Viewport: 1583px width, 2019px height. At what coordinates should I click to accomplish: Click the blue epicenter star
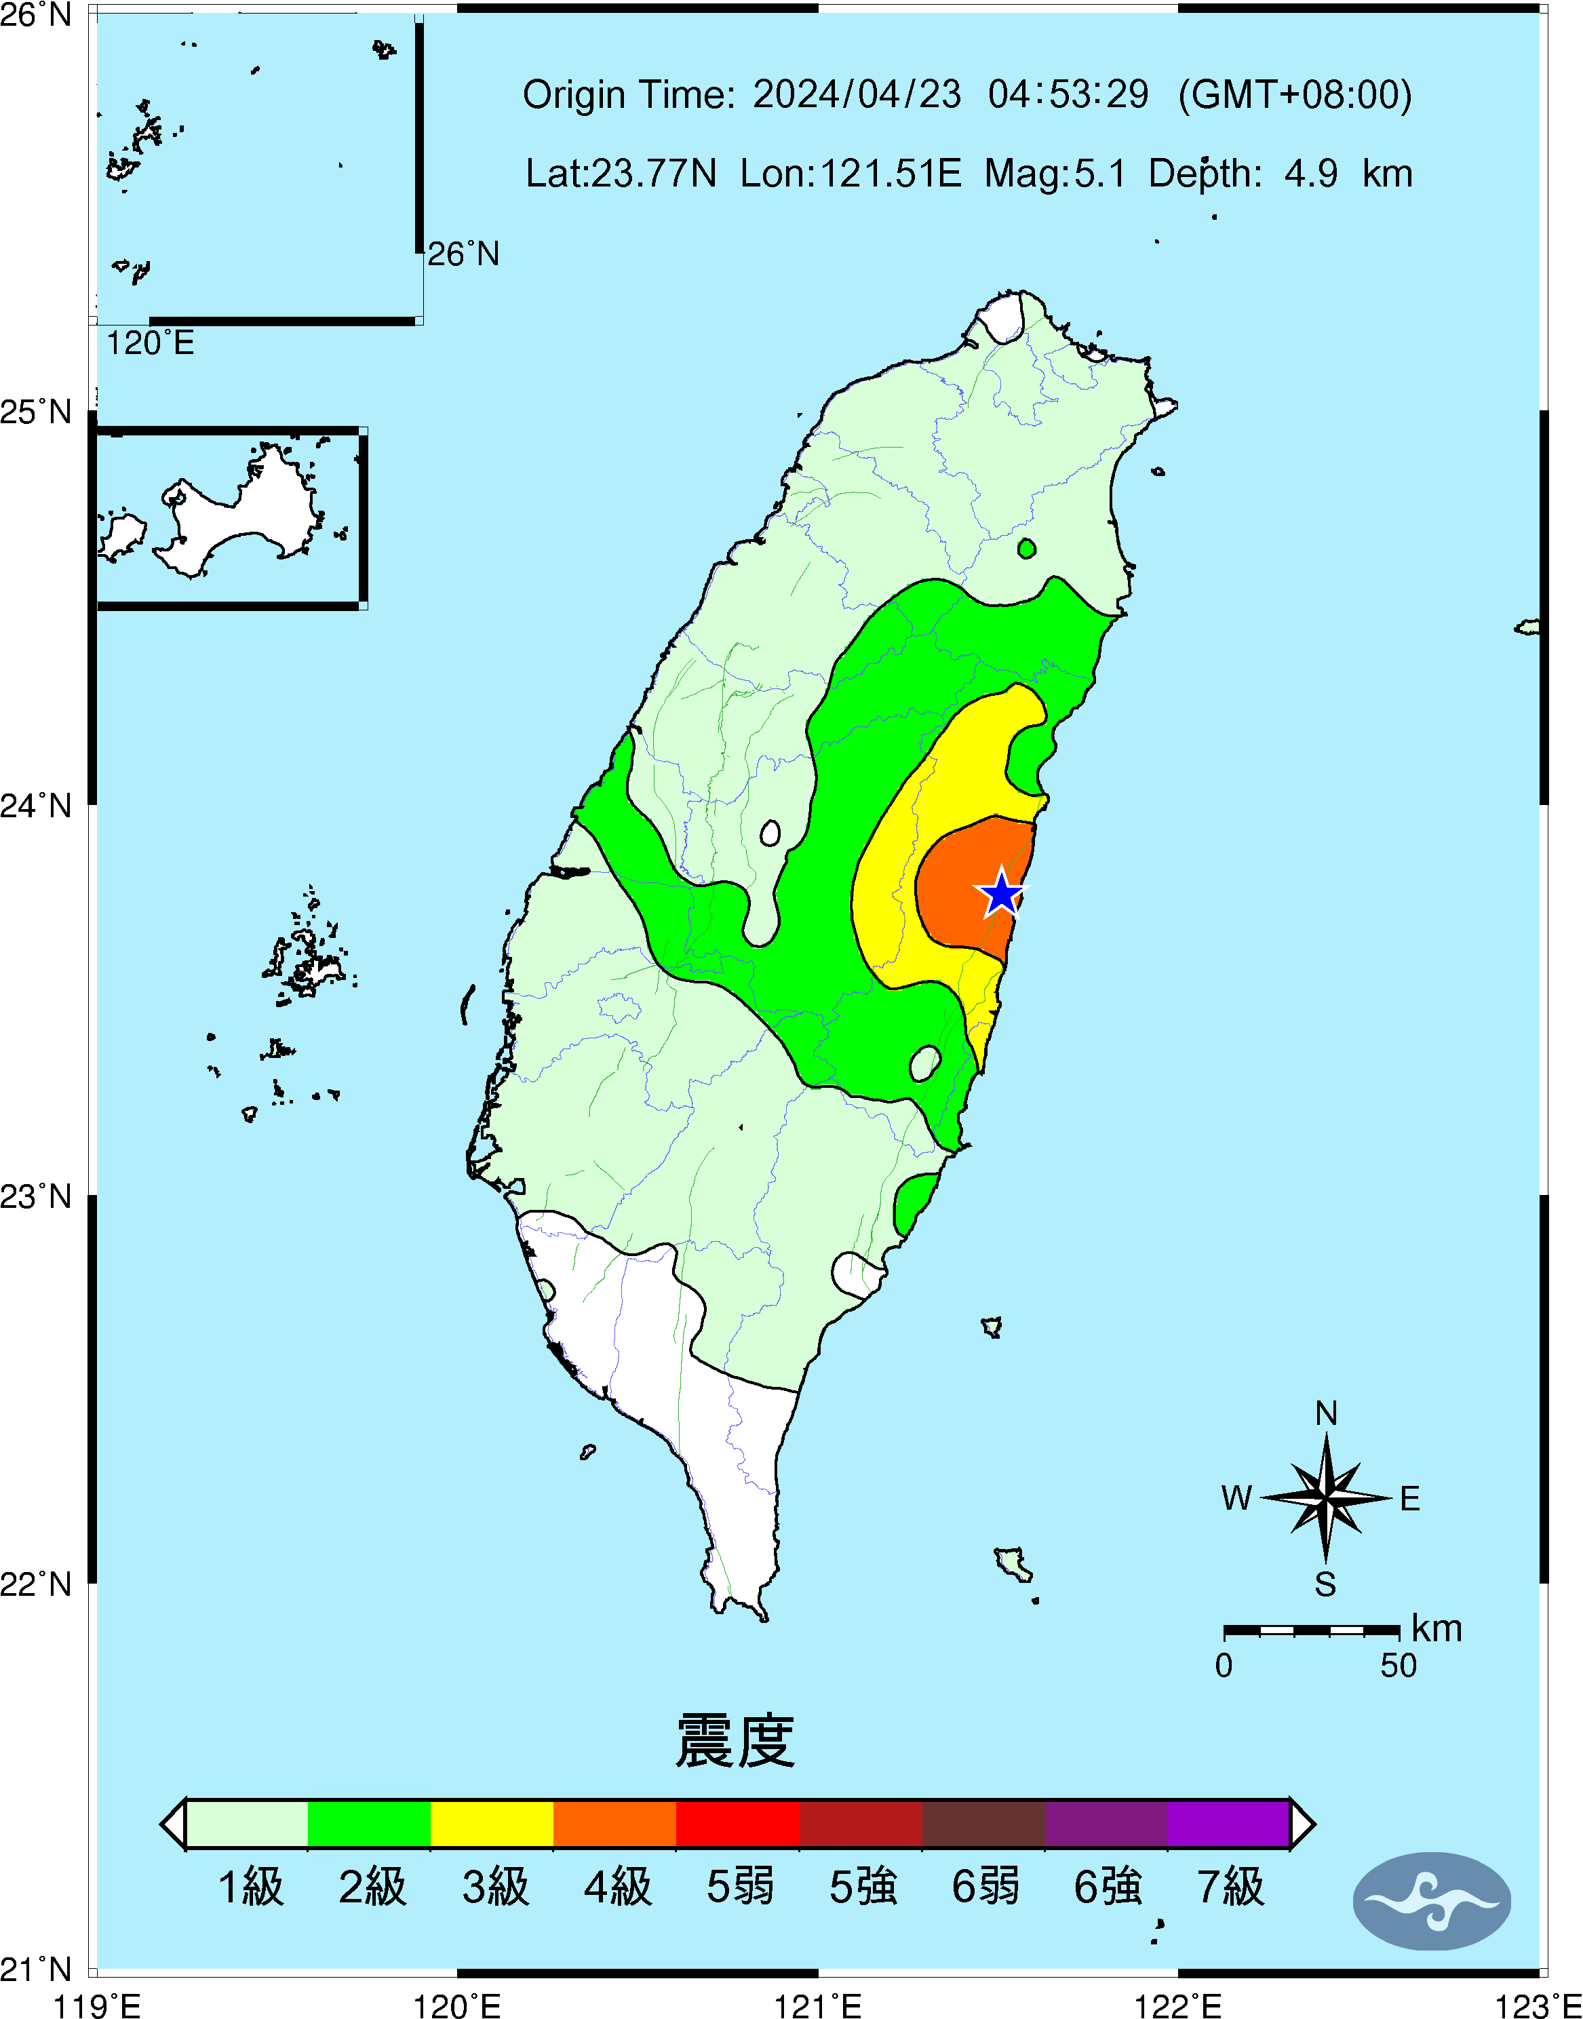(x=1002, y=893)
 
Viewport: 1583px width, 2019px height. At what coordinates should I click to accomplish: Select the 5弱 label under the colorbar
(x=739, y=1887)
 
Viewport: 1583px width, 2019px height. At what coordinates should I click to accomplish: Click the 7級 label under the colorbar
(x=1230, y=1887)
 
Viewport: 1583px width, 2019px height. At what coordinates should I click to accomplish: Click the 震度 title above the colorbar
(x=735, y=1741)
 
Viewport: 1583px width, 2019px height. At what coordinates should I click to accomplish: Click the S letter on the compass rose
(x=1325, y=1584)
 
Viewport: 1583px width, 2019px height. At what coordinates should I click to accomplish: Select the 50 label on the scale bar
(x=1398, y=1666)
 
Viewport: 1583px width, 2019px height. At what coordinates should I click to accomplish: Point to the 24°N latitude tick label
(x=36, y=805)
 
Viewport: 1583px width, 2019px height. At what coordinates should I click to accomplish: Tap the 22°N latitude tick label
(x=36, y=1584)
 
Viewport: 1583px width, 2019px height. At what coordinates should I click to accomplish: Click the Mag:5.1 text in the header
(x=1055, y=173)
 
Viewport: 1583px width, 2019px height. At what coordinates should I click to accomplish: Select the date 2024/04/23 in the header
(x=857, y=94)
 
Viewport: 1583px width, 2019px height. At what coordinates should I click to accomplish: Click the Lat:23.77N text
(x=621, y=173)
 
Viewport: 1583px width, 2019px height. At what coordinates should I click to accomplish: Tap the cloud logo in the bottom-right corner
(x=1432, y=1901)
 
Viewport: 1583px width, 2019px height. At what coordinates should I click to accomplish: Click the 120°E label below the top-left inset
(x=150, y=343)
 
